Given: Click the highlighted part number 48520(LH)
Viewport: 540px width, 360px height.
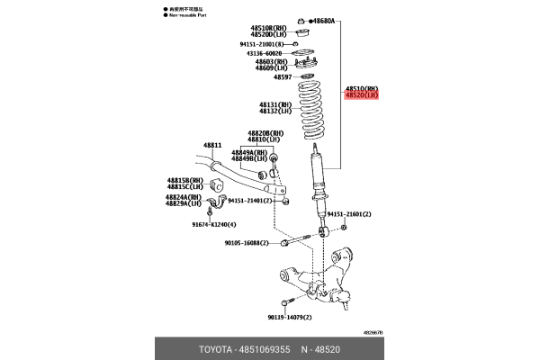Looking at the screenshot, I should point(362,94).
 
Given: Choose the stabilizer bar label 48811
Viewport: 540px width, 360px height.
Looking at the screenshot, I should point(211,145).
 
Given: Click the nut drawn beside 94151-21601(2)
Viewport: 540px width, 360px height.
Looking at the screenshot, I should point(345,226).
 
